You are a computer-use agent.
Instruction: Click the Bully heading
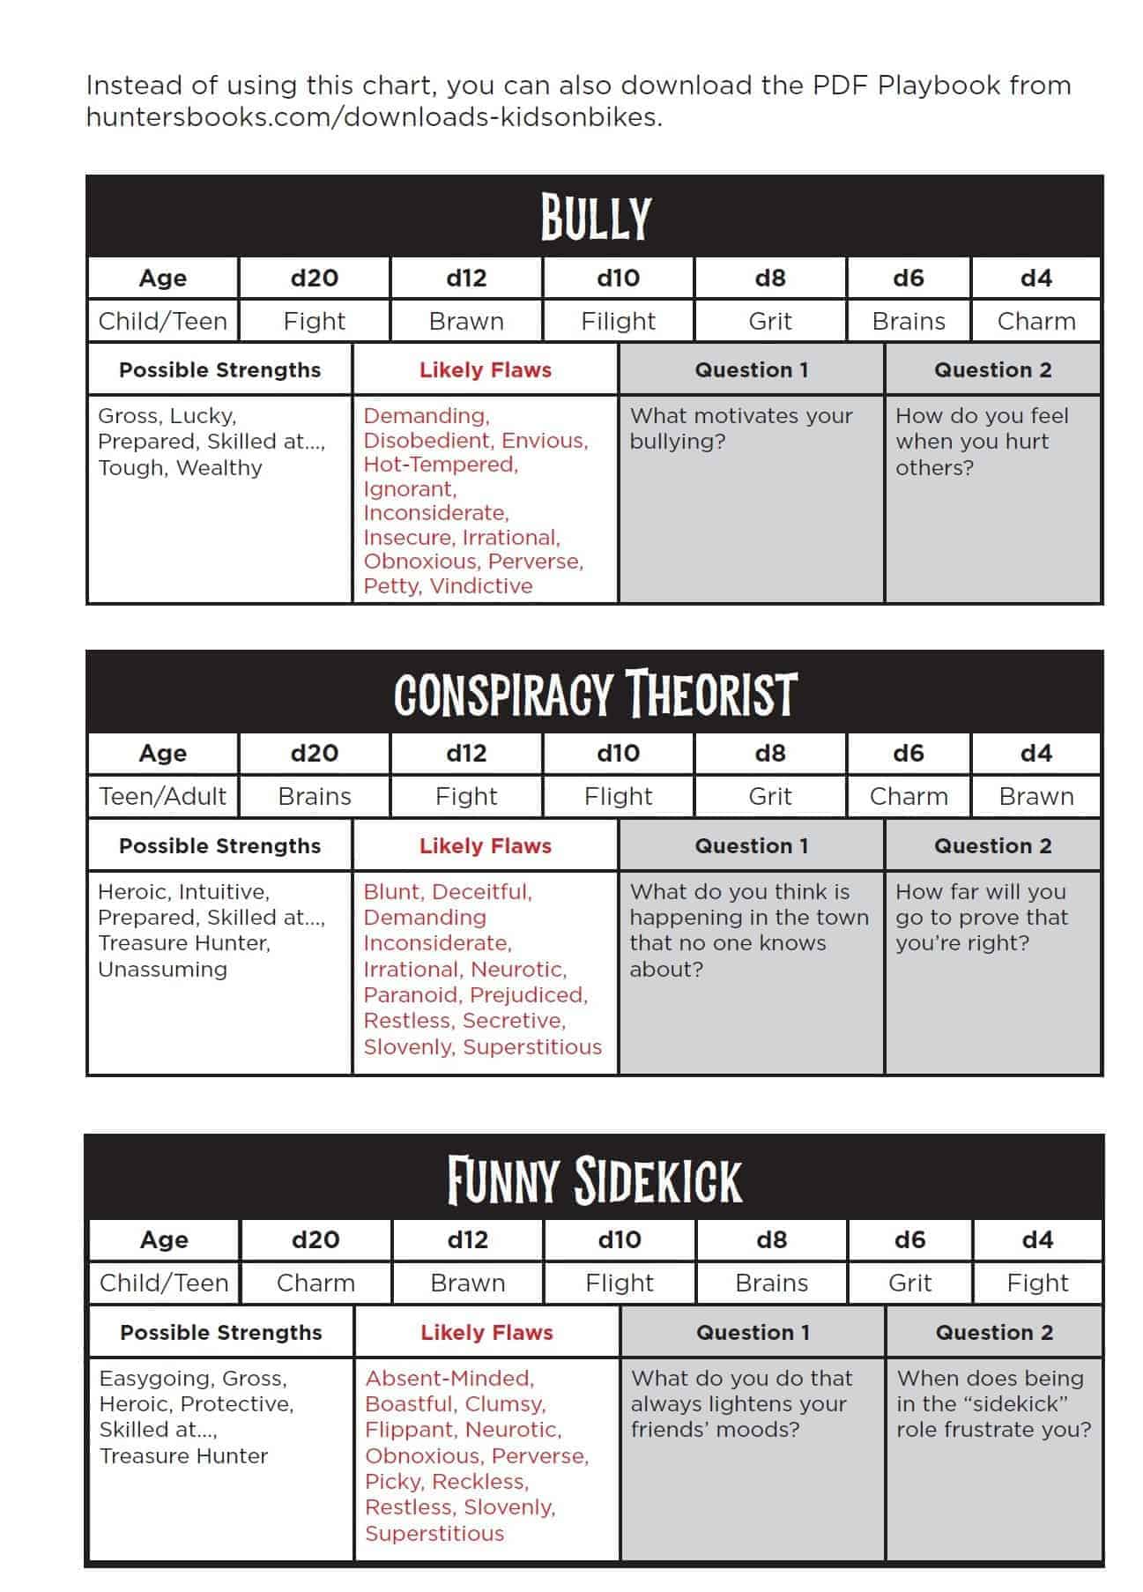(595, 217)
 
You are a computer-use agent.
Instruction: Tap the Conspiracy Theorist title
(595, 694)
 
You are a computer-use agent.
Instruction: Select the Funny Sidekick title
(595, 1179)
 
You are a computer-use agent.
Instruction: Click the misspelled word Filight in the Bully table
(618, 321)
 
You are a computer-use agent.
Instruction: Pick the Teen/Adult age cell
(163, 796)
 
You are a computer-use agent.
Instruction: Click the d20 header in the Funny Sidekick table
(315, 1239)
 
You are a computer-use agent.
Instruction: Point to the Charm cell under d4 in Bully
(1035, 321)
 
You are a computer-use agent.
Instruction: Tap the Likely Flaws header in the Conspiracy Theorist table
(485, 845)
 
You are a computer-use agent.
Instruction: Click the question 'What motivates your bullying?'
(740, 428)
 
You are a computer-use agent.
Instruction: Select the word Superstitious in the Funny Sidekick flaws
(434, 1533)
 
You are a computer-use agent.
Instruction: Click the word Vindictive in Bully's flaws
(481, 585)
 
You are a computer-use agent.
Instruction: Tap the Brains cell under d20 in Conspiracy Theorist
(315, 796)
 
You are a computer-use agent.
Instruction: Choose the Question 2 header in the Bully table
(992, 369)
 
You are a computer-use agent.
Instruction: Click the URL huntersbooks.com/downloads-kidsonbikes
(374, 117)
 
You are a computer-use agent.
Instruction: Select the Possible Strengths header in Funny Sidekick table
(221, 1332)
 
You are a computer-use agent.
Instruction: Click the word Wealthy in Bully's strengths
(219, 467)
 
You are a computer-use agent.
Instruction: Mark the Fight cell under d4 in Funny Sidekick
(1037, 1283)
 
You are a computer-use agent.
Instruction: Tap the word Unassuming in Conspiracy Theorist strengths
(163, 969)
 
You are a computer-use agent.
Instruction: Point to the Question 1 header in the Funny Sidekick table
(753, 1332)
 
